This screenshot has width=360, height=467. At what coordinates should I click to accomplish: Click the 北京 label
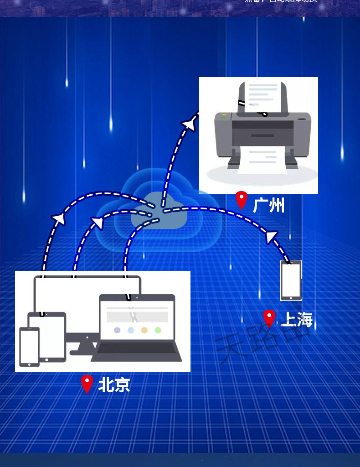(x=114, y=385)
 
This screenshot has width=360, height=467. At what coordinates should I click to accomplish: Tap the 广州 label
(x=269, y=205)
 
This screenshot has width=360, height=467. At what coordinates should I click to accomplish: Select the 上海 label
(x=297, y=320)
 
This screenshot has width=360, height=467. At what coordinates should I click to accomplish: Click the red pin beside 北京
(x=87, y=384)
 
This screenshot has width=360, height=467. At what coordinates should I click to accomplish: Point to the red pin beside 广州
(x=242, y=200)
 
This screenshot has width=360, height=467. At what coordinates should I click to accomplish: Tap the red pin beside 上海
(x=269, y=318)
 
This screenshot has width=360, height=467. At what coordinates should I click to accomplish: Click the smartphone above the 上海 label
(x=291, y=280)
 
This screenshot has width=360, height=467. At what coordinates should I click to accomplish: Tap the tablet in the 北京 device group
(x=47, y=336)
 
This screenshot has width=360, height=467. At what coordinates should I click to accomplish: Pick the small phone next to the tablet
(x=29, y=347)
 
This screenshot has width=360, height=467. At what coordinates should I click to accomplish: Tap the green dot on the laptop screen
(x=158, y=330)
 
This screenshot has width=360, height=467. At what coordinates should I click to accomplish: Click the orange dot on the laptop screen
(x=144, y=330)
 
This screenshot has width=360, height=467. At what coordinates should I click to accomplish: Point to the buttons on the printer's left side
(x=224, y=117)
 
